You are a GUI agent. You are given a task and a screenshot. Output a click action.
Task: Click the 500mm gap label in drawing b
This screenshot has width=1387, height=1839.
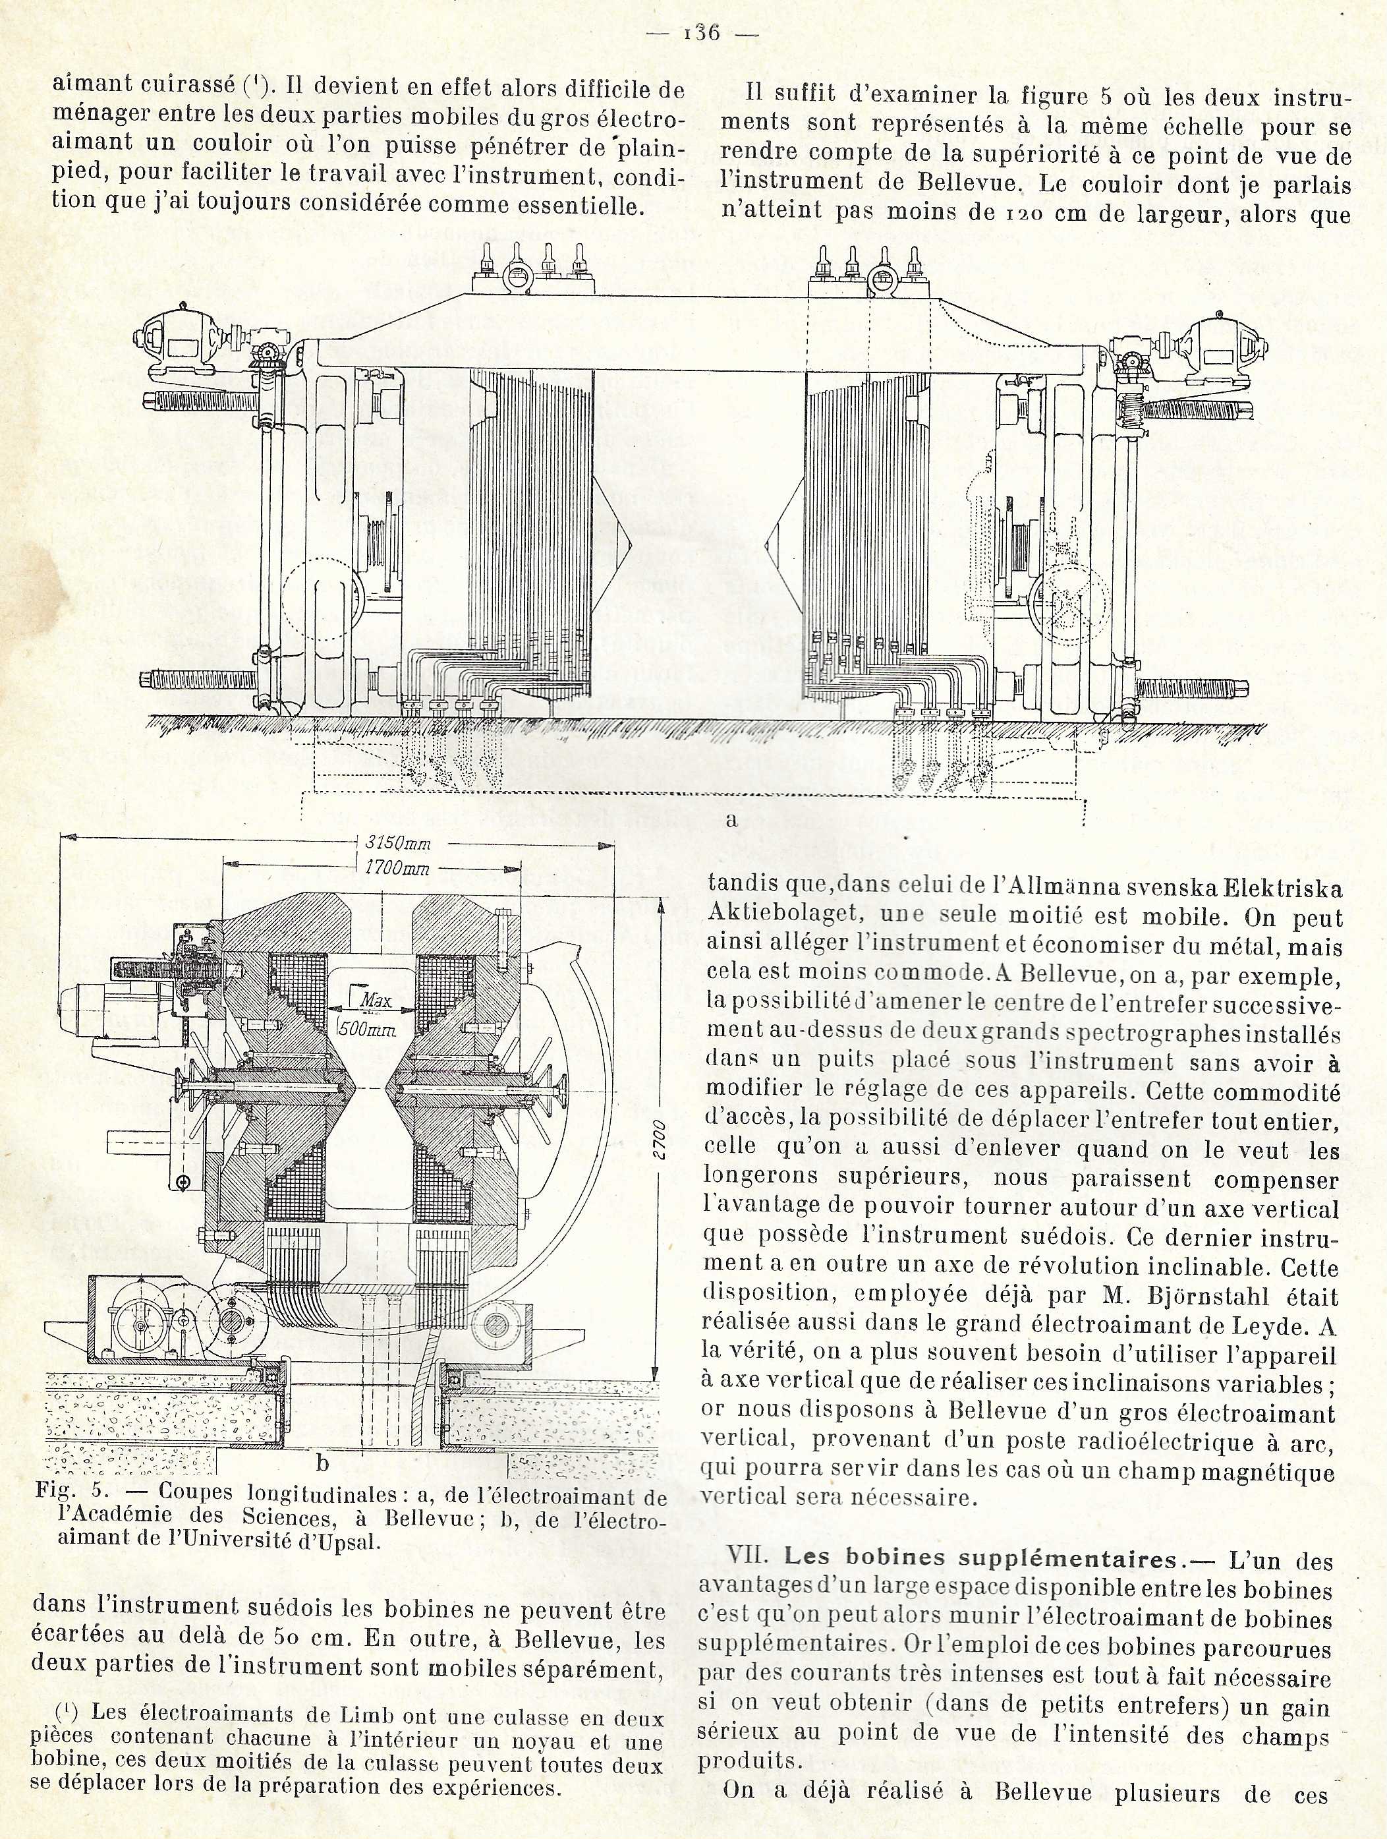pyautogui.click(x=366, y=1028)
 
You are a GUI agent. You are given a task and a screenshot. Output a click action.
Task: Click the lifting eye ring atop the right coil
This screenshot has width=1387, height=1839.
pyautogui.click(x=882, y=286)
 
